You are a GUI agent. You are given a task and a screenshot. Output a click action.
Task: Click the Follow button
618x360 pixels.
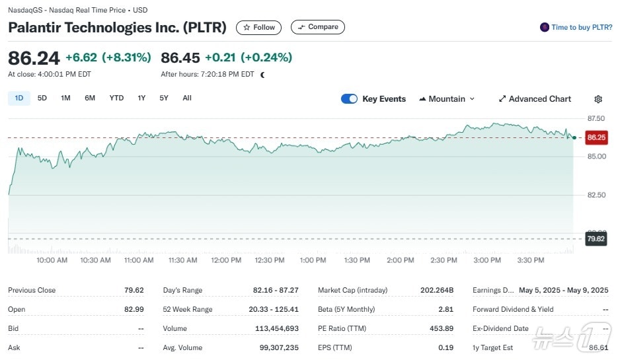[x=259, y=28]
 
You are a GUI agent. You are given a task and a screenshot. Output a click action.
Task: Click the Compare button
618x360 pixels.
[x=318, y=27]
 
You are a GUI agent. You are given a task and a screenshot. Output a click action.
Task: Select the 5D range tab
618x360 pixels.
[x=42, y=98]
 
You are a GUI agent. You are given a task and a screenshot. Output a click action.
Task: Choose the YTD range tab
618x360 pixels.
[x=116, y=98]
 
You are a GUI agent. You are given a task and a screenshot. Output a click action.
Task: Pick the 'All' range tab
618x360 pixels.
[x=187, y=98]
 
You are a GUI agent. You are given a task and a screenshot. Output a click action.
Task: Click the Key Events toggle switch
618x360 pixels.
[x=349, y=99]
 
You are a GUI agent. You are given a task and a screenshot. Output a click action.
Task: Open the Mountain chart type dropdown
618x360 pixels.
[x=447, y=99]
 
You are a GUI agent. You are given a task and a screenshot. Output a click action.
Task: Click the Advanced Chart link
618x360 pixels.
[x=535, y=99]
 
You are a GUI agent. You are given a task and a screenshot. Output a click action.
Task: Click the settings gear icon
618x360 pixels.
[x=598, y=99]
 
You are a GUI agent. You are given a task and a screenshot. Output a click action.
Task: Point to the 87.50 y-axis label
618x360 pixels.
[x=596, y=118]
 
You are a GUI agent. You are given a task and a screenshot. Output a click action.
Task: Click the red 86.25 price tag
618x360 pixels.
[x=596, y=137]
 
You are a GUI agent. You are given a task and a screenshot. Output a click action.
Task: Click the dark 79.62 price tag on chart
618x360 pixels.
[x=596, y=238]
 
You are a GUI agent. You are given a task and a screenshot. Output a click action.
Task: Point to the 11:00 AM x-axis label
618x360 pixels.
[x=139, y=260]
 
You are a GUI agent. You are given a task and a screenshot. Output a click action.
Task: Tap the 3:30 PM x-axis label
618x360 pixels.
[x=530, y=260]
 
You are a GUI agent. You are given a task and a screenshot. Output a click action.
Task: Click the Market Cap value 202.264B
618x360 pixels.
[x=437, y=290]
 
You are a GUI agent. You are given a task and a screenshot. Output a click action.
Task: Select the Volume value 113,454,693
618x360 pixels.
[x=277, y=328]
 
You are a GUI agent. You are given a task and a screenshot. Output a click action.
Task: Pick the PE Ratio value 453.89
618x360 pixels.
[x=441, y=328]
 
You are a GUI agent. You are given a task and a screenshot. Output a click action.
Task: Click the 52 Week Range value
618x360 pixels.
[x=277, y=309]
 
